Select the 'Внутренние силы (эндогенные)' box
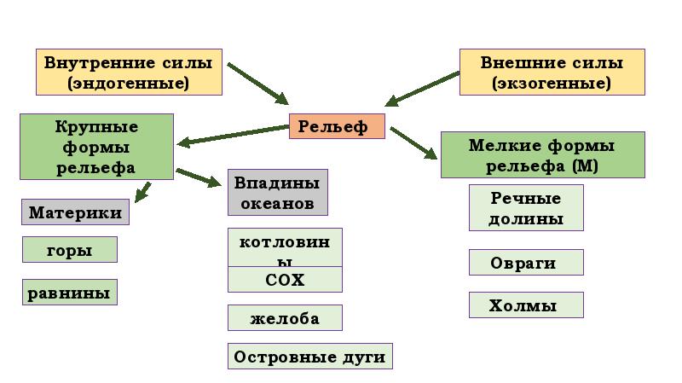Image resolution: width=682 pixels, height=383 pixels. pos(129,73)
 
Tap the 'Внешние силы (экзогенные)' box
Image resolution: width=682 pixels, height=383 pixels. pos(552,73)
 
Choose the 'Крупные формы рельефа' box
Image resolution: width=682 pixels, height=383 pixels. pos(96,147)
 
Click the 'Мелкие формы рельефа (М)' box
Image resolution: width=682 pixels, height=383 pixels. pos(542,154)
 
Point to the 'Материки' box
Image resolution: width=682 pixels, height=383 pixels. pos(75,212)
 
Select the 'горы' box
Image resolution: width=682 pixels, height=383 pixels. pos(69,249)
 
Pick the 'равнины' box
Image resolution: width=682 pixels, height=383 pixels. pos(69,293)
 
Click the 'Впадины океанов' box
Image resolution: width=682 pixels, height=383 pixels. pos(277,193)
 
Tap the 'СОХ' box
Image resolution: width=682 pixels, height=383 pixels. pos(285,280)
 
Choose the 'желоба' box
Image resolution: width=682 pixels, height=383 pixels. pos(285,318)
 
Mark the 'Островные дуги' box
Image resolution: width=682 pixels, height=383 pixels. pos(309,357)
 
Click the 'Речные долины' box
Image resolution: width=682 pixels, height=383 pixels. pos(526,208)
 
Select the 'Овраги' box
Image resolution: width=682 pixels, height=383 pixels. pos(526,263)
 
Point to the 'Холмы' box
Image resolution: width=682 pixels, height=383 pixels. pos(526,305)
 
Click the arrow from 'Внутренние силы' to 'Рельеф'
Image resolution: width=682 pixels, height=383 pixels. pos(258,83)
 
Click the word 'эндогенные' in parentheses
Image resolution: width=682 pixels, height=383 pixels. pos(129,84)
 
